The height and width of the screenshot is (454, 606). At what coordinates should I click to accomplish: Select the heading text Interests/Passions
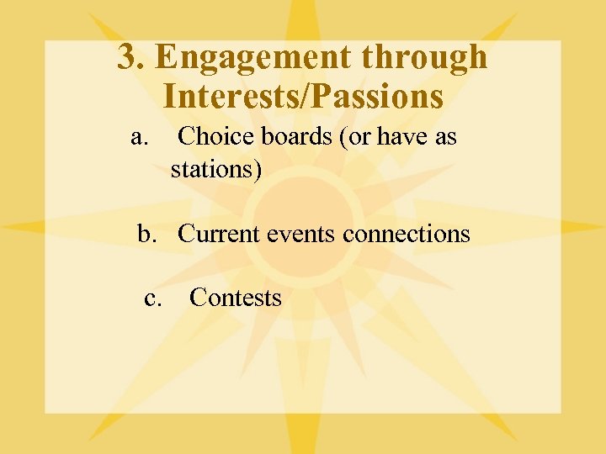(x=303, y=96)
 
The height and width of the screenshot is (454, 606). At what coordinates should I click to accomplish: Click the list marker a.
(x=141, y=136)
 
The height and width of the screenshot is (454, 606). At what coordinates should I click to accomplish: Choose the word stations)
(x=216, y=169)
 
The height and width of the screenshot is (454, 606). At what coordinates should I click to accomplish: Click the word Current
(x=219, y=234)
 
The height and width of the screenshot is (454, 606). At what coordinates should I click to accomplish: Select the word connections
(x=407, y=234)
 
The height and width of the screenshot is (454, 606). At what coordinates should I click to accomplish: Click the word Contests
(x=236, y=298)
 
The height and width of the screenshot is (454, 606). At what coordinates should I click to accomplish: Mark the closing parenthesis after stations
(x=258, y=170)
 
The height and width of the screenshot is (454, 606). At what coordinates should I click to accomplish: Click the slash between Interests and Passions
(x=306, y=96)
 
